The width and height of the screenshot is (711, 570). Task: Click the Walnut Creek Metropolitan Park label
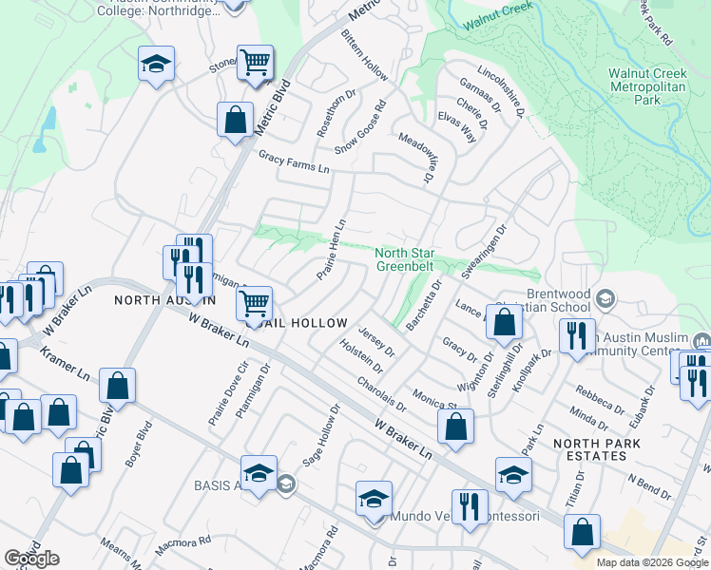[648, 85]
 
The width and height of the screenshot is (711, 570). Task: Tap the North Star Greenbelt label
[406, 259]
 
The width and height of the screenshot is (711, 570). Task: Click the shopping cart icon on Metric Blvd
[255, 64]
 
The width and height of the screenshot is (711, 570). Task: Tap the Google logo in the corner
[31, 559]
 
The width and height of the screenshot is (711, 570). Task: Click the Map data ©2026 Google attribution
[651, 562]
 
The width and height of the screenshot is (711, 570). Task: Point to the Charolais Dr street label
[382, 394]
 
